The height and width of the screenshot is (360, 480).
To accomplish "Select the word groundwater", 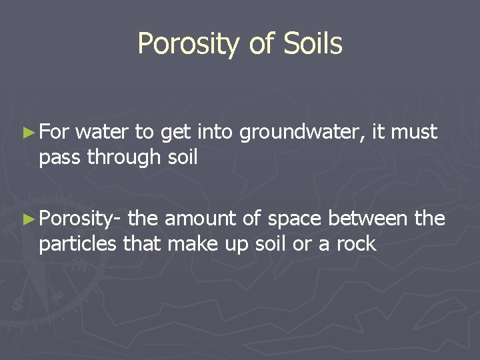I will click(302, 133).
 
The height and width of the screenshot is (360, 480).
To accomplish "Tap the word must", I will click(414, 133).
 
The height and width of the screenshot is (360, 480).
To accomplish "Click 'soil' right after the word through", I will click(184, 157).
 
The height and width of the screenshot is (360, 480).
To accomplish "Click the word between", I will click(371, 219).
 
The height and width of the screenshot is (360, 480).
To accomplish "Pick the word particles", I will click(78, 244).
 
